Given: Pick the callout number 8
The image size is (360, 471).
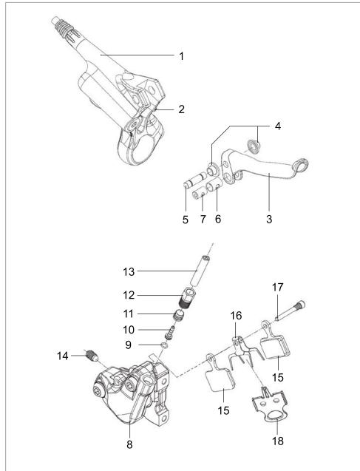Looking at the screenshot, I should click(x=130, y=446).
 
